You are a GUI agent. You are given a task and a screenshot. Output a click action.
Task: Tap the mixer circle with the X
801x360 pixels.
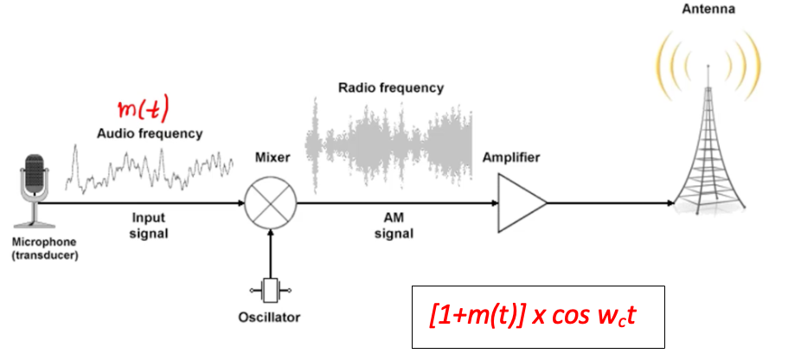click(271, 204)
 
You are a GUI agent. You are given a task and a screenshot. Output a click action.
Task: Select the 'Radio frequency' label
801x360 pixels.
click(391, 87)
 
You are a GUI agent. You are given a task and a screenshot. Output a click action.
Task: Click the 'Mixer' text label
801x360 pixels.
click(271, 158)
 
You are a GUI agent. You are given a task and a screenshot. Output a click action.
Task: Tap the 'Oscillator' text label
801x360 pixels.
click(269, 318)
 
